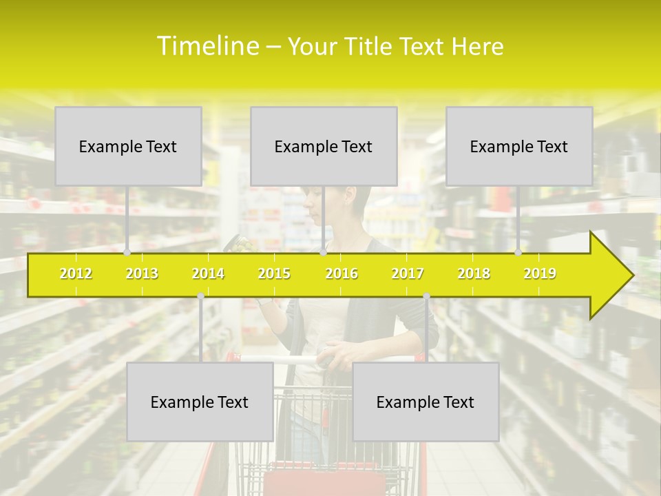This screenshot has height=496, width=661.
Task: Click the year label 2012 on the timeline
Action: click(76, 273)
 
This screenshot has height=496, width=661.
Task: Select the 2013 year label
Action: click(142, 273)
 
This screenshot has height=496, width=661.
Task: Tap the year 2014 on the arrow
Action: click(208, 273)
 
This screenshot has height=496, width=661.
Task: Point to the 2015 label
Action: click(274, 273)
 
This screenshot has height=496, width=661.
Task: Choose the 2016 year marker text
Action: click(342, 273)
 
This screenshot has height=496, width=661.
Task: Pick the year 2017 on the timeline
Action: click(408, 273)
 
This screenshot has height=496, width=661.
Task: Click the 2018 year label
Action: click(474, 273)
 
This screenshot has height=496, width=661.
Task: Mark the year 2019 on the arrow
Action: click(540, 273)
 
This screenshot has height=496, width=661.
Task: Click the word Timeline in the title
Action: click(207, 46)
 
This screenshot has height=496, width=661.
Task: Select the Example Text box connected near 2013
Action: click(128, 146)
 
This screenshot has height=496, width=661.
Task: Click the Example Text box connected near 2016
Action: click(324, 146)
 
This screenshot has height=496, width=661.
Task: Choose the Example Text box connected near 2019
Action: click(519, 146)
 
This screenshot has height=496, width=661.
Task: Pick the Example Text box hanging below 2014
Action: click(200, 402)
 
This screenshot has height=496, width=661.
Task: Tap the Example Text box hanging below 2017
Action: click(426, 402)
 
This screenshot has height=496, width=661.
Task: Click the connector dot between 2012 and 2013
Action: click(127, 253)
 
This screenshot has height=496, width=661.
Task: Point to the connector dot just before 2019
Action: click(518, 253)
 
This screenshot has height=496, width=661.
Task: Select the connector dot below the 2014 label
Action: click(200, 296)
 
